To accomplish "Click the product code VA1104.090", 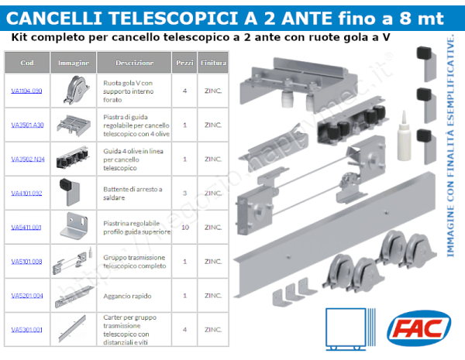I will coord(26,91).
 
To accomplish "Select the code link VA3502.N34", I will coord(26,159).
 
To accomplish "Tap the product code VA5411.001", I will coord(26,227).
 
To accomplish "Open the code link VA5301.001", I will coord(26,329).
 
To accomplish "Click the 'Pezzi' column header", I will coord(184,62).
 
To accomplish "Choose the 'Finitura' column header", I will coord(213,62).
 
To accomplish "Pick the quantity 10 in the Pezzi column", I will coord(184,227).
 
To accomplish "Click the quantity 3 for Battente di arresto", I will coord(184,193).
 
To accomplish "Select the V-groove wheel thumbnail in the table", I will coord(74,90).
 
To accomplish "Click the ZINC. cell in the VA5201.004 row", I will coord(213,295).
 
